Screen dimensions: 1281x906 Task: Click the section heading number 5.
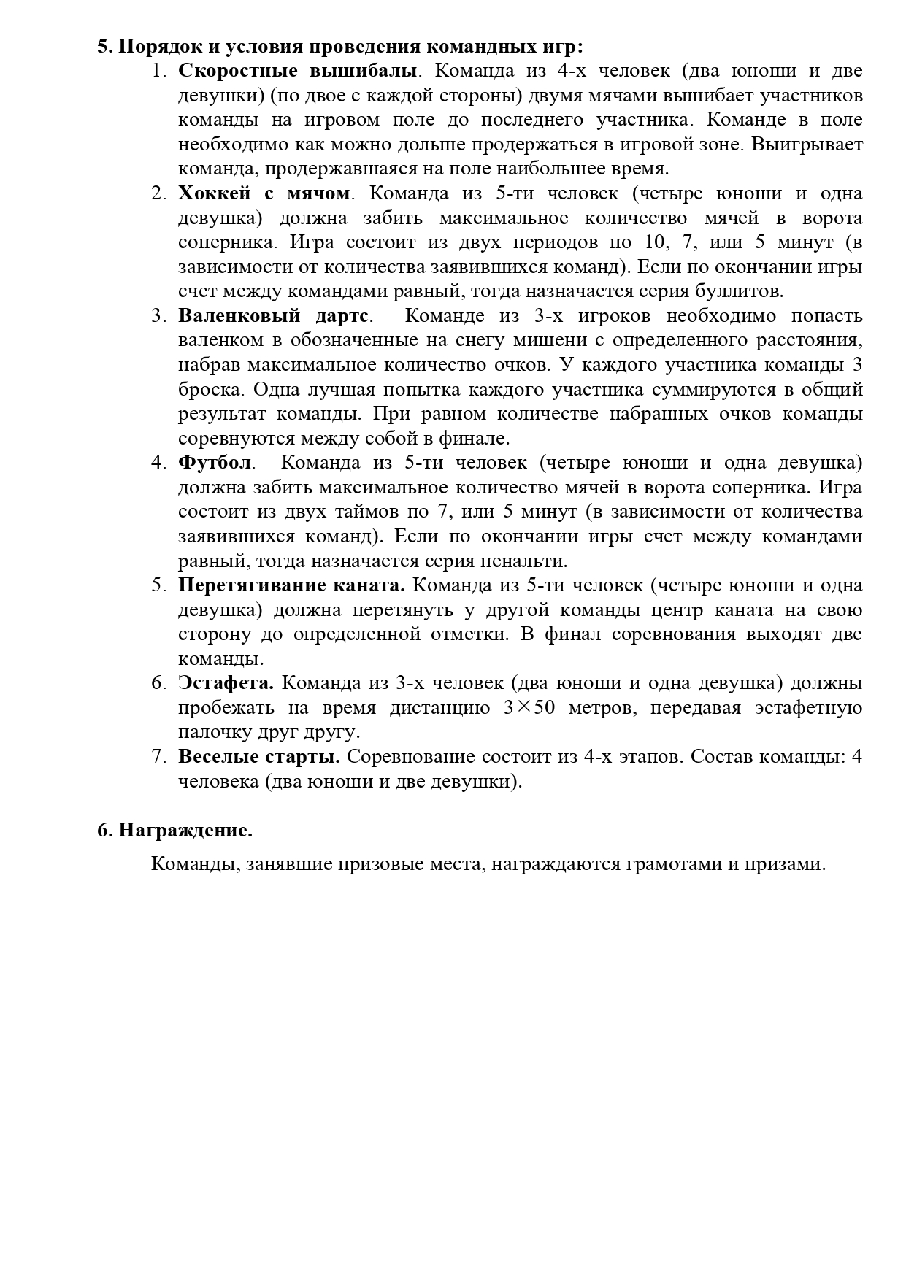[x=104, y=47]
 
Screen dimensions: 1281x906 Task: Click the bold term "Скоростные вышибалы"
[x=298, y=72]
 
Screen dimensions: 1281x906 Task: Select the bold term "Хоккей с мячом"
[x=264, y=194]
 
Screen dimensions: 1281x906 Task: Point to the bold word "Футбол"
[x=215, y=463]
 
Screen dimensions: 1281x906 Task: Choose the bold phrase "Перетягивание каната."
[x=291, y=586]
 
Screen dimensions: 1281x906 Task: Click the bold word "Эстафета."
[x=226, y=684]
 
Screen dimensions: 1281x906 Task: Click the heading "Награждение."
[x=185, y=831]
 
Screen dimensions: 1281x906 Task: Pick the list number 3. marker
[x=159, y=317]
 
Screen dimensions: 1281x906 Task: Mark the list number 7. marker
[x=159, y=758]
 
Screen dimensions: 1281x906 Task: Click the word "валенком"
[x=214, y=341]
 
